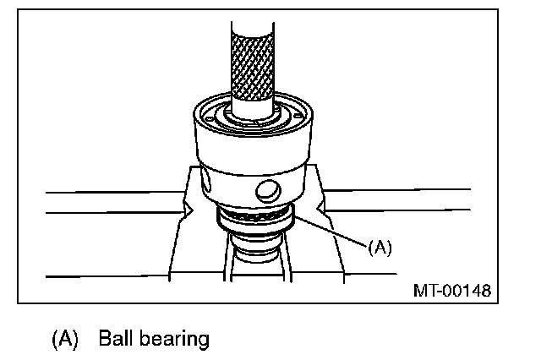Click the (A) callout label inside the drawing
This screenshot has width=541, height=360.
(380, 248)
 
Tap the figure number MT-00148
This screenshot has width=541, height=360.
(452, 290)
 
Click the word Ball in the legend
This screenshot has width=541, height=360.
(115, 340)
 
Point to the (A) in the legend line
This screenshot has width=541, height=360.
(65, 340)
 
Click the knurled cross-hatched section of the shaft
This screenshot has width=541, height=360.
(251, 58)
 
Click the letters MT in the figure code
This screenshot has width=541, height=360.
(425, 290)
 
